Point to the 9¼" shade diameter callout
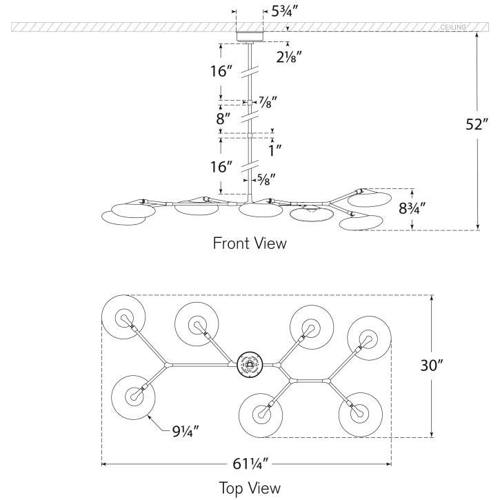[187, 432]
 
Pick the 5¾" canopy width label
[286, 12]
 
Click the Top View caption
[250, 488]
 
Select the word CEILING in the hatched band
[452, 27]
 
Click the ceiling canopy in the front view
[250, 37]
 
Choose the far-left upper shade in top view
[124, 318]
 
